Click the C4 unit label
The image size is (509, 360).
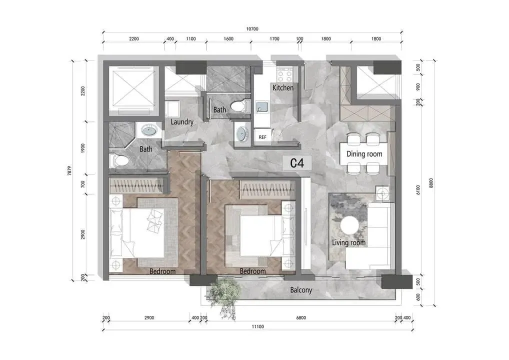click(297, 163)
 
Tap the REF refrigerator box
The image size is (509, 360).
click(262, 137)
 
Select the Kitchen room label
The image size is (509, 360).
click(282, 87)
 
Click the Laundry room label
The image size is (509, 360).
click(182, 122)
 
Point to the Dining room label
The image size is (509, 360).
click(364, 154)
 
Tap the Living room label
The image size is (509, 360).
click(348, 243)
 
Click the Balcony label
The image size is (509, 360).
click(301, 290)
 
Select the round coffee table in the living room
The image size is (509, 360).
click(349, 225)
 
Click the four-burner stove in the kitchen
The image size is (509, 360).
click(284, 76)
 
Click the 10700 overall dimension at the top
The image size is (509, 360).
click(252, 29)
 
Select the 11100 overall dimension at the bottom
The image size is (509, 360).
click(257, 326)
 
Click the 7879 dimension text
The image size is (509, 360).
click(69, 170)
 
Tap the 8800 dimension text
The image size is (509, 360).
click(431, 183)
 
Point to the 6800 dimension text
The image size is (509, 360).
click(301, 318)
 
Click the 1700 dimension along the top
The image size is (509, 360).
click(274, 38)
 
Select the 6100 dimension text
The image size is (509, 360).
click(418, 190)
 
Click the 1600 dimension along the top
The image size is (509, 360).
click(228, 38)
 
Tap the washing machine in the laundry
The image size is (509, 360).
click(172, 109)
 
